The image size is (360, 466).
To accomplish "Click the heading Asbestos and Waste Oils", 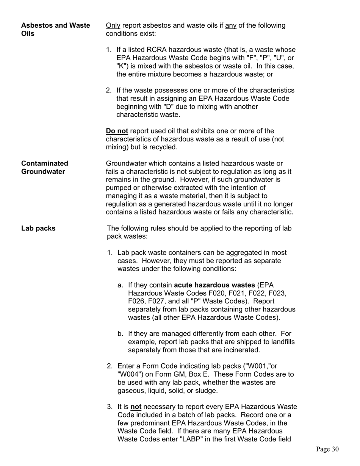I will click(55, 30).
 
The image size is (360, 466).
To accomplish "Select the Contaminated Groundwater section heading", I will click(45, 167).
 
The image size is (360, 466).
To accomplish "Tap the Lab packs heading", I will click(38, 228).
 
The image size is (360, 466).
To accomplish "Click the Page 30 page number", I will click(327, 449).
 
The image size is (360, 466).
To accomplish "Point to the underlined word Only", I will click(113, 25).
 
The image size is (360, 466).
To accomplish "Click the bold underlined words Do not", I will click(117, 131).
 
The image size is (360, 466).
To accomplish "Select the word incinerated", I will click(243, 350).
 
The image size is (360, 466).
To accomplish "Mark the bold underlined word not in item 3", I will click(136, 407).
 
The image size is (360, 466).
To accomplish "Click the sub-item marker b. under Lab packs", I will click(121, 334).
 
